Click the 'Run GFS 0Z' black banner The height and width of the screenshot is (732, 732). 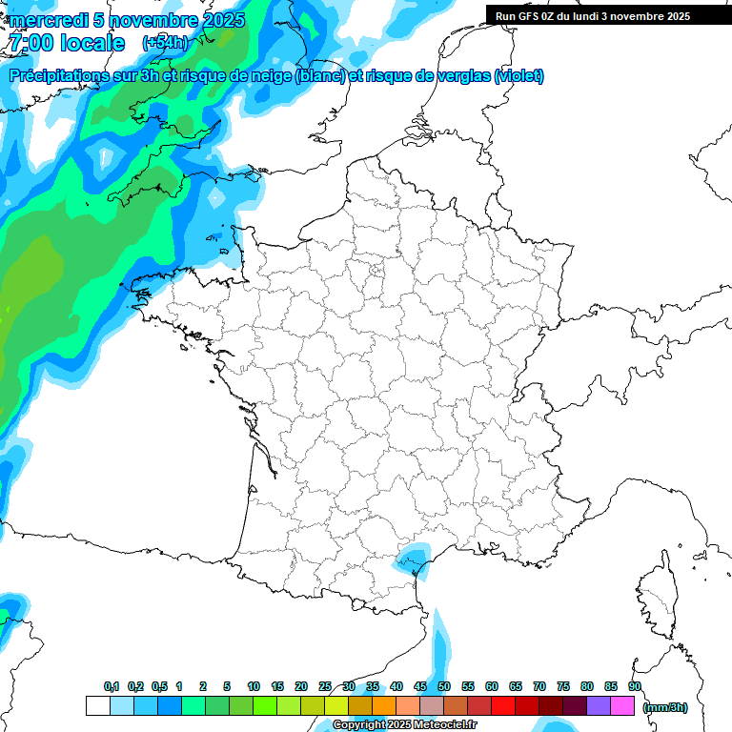(600, 15)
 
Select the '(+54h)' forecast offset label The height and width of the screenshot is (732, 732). (164, 43)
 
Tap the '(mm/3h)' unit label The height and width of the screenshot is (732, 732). (665, 706)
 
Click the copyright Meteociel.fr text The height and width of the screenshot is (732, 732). (404, 725)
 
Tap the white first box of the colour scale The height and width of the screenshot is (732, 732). (97, 706)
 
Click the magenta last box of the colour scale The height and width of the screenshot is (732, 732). (622, 706)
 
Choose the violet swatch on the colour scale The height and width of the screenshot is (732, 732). (599, 706)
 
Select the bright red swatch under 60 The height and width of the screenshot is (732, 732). (503, 706)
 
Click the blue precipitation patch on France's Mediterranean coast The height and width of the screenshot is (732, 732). (411, 559)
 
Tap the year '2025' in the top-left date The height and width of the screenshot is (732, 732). (219, 20)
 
